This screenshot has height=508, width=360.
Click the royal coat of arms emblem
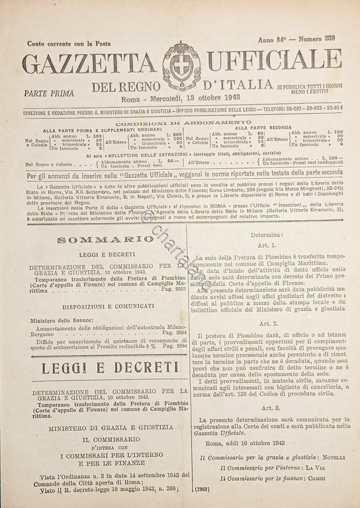(180, 65)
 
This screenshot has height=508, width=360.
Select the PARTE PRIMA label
(48, 94)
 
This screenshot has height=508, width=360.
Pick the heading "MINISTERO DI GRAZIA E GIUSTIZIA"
(97, 427)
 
